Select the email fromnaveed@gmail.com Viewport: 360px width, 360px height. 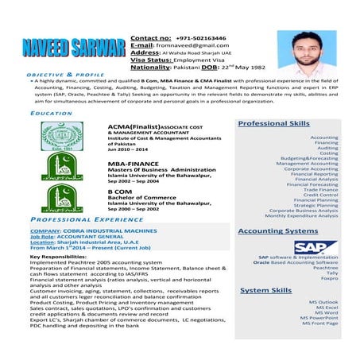(188, 45)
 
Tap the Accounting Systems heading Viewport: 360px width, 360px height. (279, 230)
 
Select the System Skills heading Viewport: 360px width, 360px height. (266, 292)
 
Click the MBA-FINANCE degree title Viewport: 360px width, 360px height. (133, 162)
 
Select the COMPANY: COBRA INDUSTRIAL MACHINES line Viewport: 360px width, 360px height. (93, 230)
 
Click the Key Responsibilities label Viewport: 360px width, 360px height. (64, 256)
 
